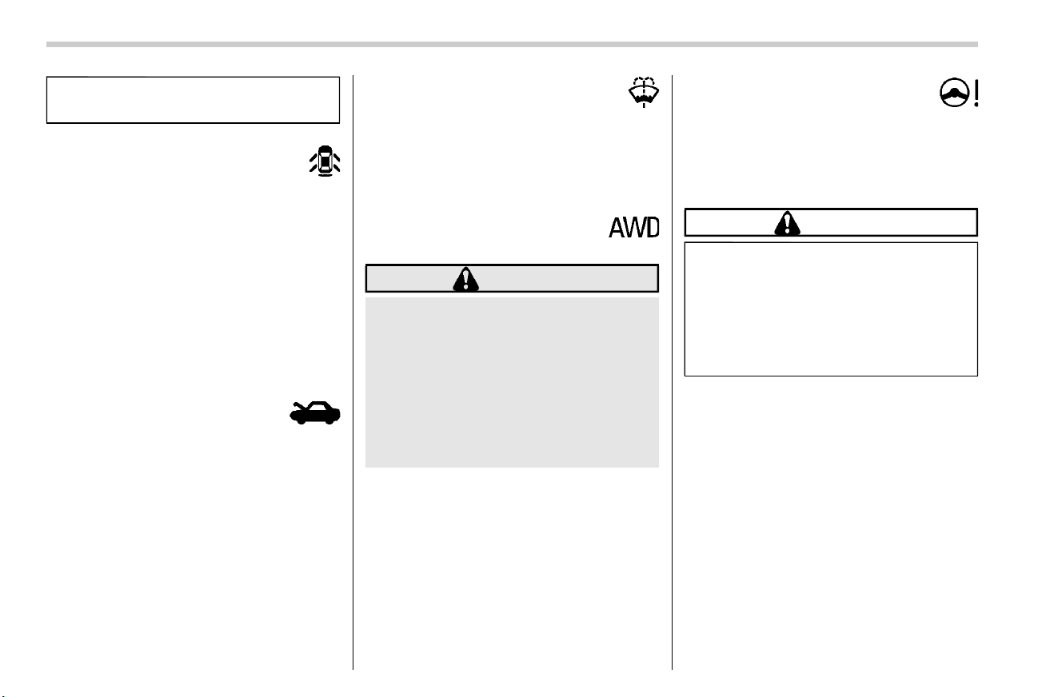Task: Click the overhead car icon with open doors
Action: point(325,161)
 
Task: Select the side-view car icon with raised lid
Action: point(315,412)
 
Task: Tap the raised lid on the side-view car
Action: point(298,405)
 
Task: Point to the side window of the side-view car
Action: point(318,407)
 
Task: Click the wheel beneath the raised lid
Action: point(301,420)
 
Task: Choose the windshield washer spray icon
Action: point(644,92)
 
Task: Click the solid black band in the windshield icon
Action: point(644,98)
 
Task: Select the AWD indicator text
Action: point(633,228)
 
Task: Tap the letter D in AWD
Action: point(653,228)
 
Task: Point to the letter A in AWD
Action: point(617,228)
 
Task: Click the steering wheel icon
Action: point(954,92)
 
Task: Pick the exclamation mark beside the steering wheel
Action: point(976,93)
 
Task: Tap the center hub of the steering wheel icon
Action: point(954,93)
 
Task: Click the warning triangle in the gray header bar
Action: point(465,279)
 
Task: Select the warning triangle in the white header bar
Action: point(787,224)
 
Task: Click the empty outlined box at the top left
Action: point(193,100)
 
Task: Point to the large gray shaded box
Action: point(512,382)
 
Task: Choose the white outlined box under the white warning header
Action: point(831,309)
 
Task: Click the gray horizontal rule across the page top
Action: point(512,45)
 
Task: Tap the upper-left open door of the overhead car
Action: point(313,157)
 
